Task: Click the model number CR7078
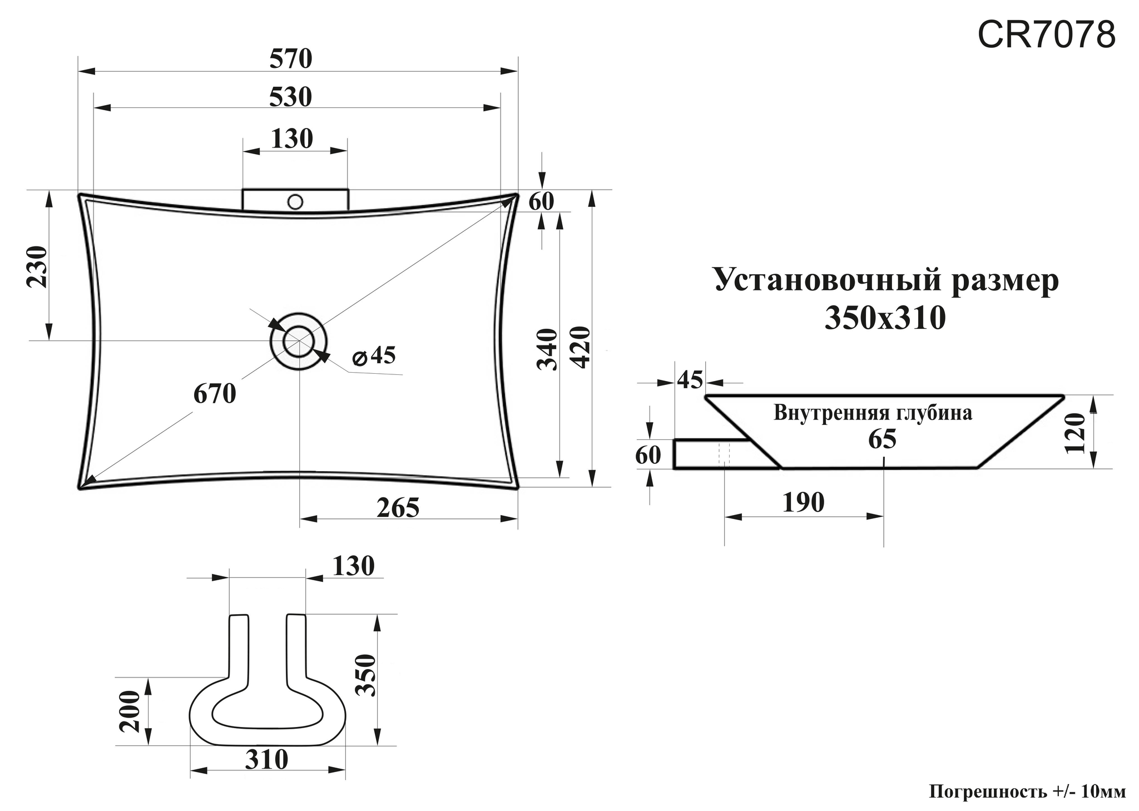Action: pos(1046,35)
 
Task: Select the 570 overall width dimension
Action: pos(291,59)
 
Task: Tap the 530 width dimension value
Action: pos(290,97)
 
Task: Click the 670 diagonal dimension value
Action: pos(215,394)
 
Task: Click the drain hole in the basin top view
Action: pos(298,340)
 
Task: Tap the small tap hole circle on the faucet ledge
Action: pos(295,201)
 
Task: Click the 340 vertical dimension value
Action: pos(547,349)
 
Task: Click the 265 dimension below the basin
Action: pos(398,508)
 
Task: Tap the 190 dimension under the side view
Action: pos(803,503)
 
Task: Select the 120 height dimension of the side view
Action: pos(1076,433)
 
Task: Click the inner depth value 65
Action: pos(882,439)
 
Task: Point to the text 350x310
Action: pos(885,319)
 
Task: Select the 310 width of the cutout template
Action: pos(267,759)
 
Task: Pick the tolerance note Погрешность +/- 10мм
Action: pos(1027,792)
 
